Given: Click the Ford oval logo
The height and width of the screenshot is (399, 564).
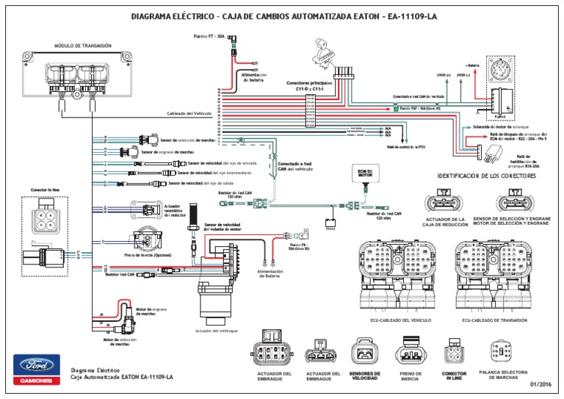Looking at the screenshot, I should click(x=35, y=364).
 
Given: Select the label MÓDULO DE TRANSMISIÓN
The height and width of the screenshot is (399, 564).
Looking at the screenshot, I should click(x=83, y=46).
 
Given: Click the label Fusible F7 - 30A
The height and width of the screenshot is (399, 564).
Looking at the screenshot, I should click(x=210, y=35).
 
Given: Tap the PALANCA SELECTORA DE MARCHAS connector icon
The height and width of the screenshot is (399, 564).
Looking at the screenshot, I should click(x=502, y=351).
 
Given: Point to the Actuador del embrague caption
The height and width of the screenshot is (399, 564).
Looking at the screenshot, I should click(x=217, y=331).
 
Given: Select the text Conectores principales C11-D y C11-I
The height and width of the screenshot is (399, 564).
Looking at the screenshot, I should click(x=309, y=86).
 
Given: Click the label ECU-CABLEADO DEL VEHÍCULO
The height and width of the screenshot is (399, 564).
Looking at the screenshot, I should click(x=400, y=321).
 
